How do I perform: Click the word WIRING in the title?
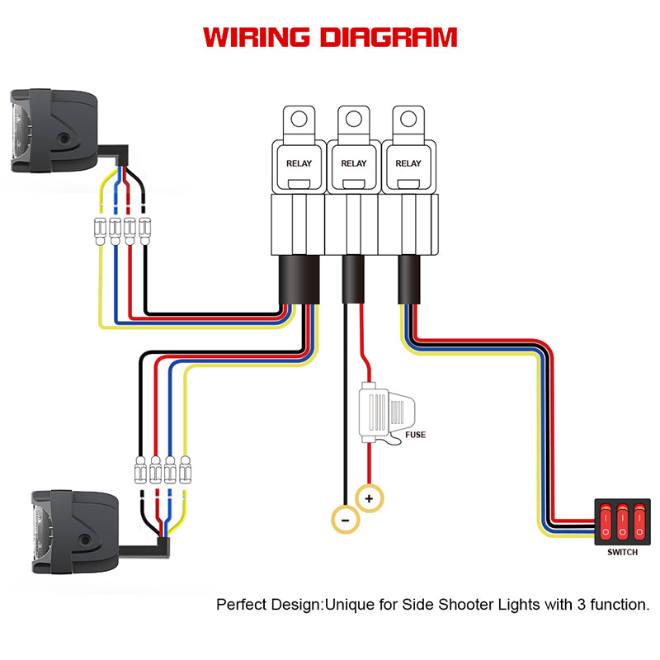pos(257,38)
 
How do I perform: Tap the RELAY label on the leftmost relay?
pos(299,163)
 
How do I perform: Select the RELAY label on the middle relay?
pos(354,163)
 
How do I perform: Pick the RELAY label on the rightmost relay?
pos(408,163)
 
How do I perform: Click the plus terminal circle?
pos(370,498)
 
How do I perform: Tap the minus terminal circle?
pos(344,519)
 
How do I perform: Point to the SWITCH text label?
pos(622,553)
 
